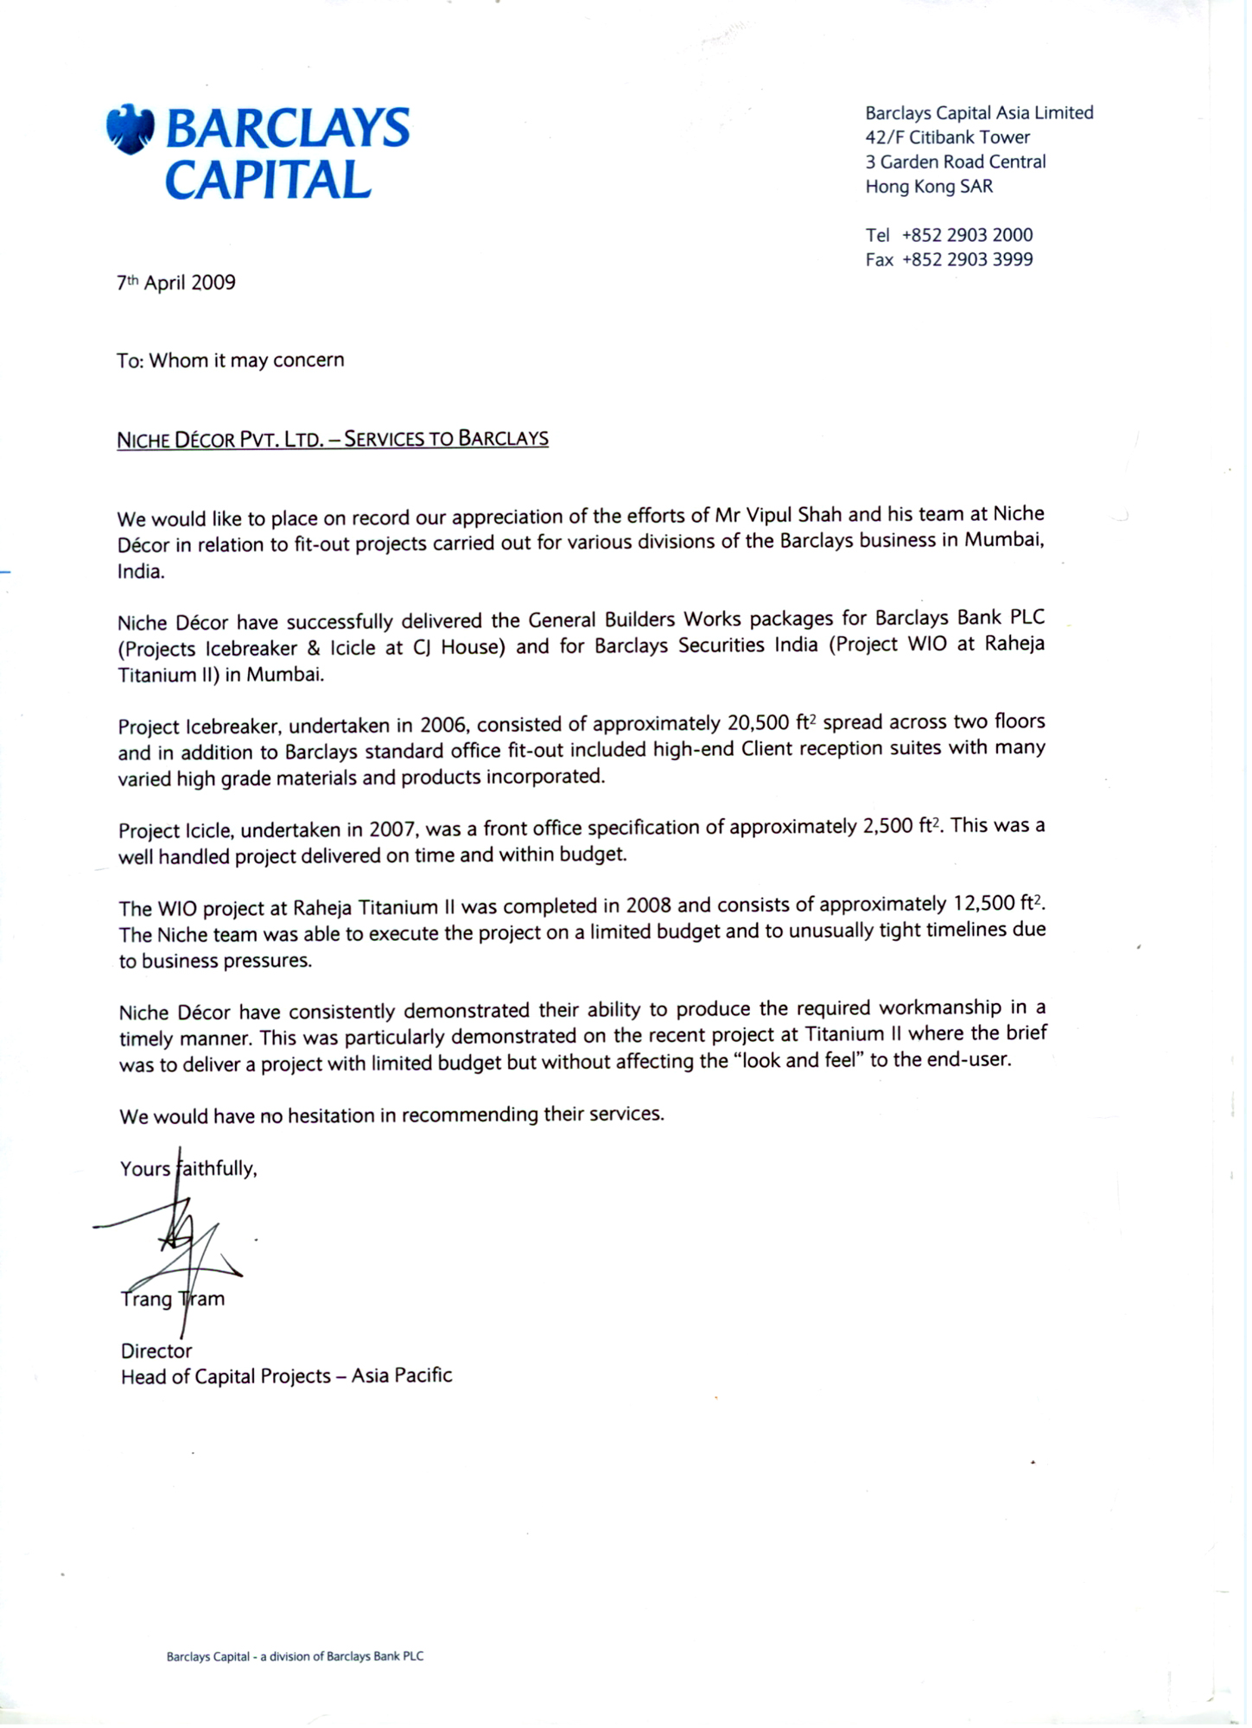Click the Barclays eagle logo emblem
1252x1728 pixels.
coord(130,130)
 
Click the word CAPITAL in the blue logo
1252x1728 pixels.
coord(268,180)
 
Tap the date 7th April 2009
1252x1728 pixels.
coord(176,283)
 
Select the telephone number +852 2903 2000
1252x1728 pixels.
coord(967,235)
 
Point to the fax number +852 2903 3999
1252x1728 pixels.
coord(967,259)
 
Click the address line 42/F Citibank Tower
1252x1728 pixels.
coord(947,137)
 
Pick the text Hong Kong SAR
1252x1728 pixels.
coord(929,186)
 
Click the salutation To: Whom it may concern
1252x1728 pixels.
coord(231,359)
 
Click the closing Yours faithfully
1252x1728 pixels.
coord(188,1168)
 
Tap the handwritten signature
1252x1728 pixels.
coord(181,1244)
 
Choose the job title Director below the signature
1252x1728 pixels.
coord(156,1350)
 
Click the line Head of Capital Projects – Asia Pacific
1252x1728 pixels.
coord(286,1375)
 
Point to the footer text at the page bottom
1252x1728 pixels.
coord(295,1656)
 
